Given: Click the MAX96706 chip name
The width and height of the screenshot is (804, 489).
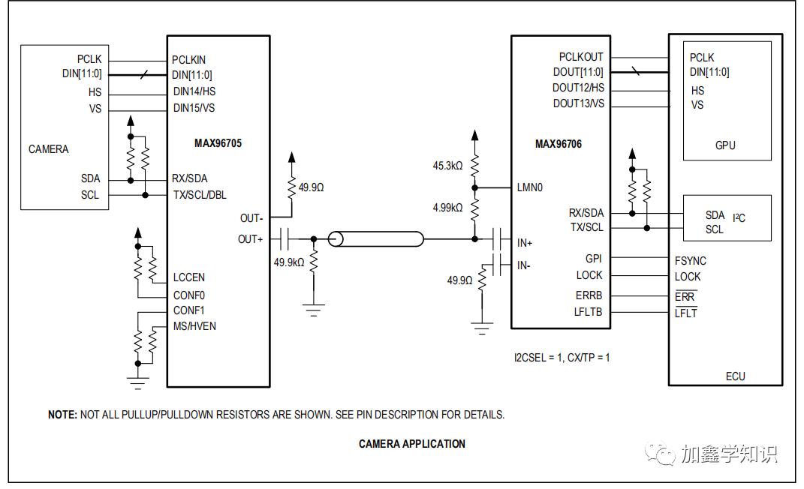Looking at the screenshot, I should coord(558,144).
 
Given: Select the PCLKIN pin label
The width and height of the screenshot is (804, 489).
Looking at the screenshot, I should coord(188,59).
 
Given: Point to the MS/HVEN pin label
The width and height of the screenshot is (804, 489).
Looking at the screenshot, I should coord(194,325).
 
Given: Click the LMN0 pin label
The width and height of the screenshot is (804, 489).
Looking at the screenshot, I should coord(529,187).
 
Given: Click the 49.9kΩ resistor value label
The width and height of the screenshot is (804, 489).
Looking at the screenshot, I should coord(289,262).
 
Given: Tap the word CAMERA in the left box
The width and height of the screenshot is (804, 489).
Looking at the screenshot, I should coord(48,149).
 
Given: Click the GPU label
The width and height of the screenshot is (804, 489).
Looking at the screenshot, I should coord(725,145).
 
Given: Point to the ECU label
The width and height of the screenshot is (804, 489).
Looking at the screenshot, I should coord(736,376).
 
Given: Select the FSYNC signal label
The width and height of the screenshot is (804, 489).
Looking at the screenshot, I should coord(690,261).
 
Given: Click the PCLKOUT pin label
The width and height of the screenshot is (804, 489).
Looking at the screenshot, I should coord(580,57).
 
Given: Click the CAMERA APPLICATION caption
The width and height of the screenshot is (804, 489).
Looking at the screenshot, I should coord(411,444).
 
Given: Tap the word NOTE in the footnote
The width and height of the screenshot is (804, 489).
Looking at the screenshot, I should coord(62,414).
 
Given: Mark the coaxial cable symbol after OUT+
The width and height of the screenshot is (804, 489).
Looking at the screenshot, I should coord(376,240).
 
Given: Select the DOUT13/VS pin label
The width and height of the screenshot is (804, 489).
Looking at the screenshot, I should coord(578,103).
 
